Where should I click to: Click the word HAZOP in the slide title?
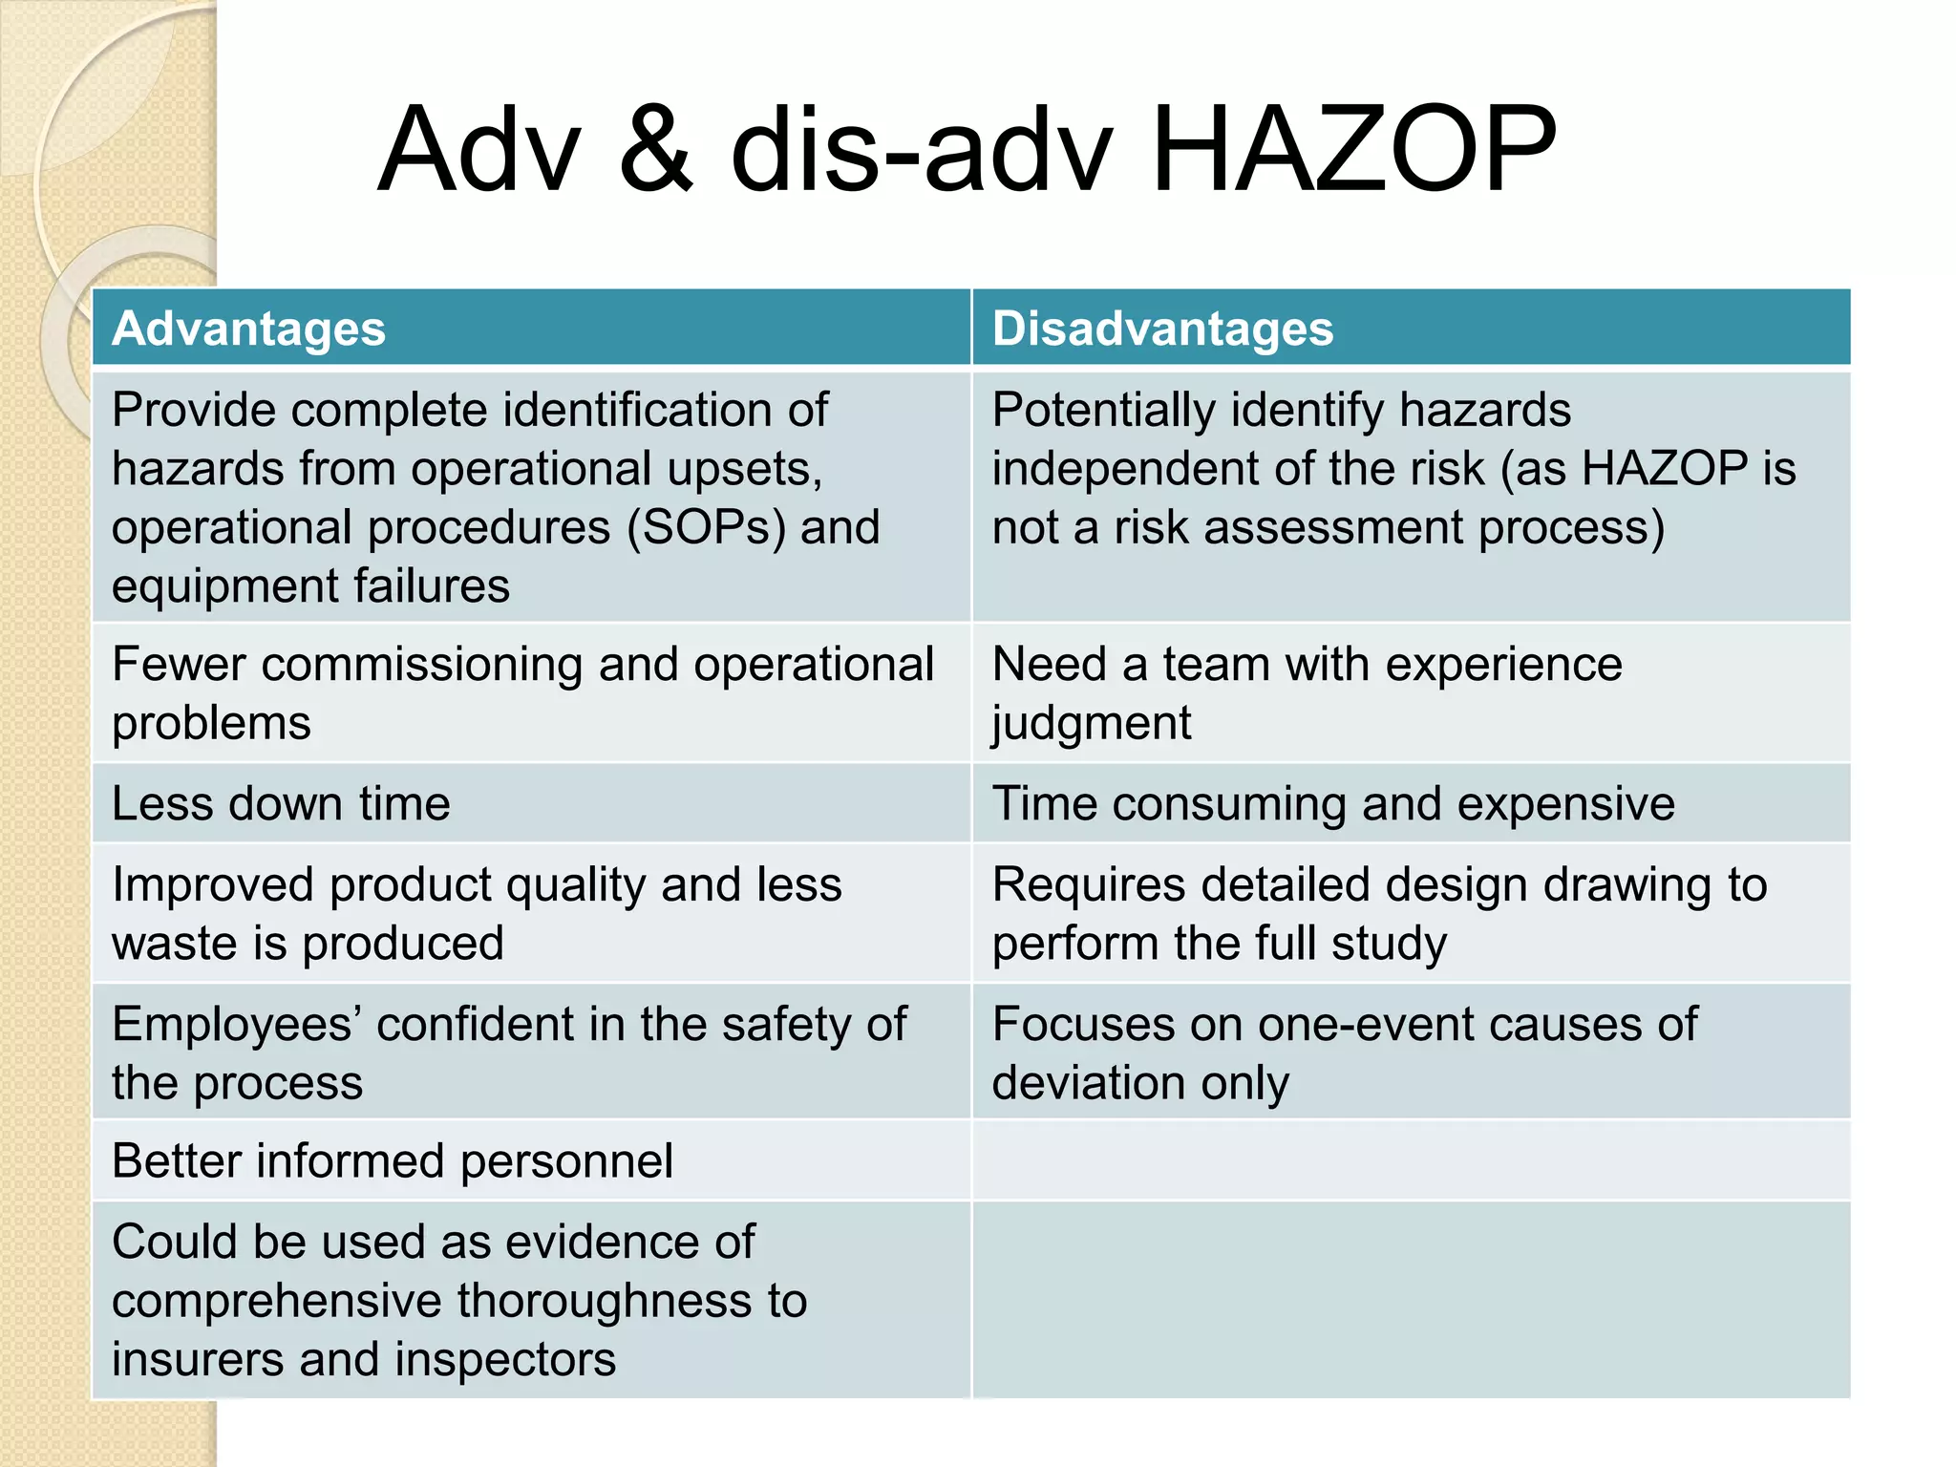pos(1354,150)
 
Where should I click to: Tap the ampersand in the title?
pos(656,150)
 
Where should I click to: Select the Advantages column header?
pos(248,329)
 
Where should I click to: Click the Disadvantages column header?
pos(1162,329)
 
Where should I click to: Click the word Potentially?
pos(1103,411)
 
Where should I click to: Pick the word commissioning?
pos(421,665)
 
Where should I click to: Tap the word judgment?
pos(1092,723)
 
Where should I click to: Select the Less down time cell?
pos(281,803)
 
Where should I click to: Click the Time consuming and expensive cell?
pos(1333,803)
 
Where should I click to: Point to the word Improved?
pos(212,884)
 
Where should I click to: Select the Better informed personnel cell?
pos(393,1161)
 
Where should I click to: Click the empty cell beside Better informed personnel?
pos(1411,1161)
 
